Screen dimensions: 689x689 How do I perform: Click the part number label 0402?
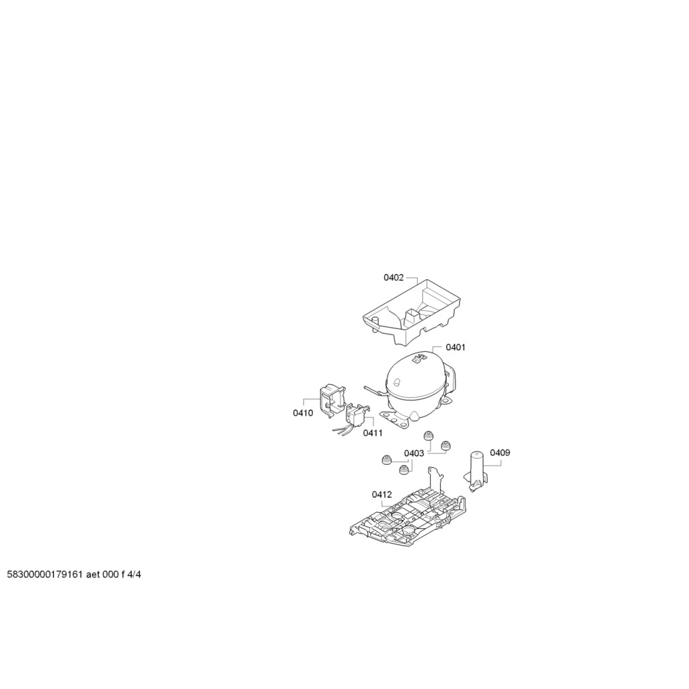tap(393, 277)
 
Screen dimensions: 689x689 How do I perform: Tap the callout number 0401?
tap(456, 347)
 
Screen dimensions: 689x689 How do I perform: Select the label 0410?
tap(303, 412)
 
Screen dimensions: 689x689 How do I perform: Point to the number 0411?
tap(373, 433)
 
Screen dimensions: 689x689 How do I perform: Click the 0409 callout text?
tap(500, 453)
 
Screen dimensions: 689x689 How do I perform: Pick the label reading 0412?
tap(382, 495)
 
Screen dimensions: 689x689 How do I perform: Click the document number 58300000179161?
tap(45, 575)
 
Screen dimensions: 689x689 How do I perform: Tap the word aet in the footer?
tap(93, 575)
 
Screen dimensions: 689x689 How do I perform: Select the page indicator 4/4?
tap(134, 575)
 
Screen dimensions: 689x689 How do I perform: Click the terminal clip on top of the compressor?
tap(419, 359)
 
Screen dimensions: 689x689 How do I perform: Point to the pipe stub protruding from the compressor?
tap(374, 390)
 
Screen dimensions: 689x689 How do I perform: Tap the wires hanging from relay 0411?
tap(343, 431)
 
